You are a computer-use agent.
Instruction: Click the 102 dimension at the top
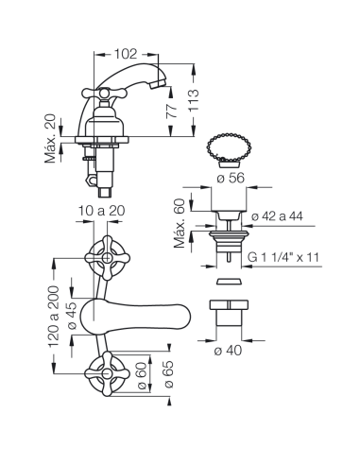pyautogui.click(x=126, y=54)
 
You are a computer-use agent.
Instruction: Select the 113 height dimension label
pyautogui.click(x=194, y=100)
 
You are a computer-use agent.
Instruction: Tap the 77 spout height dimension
pyautogui.click(x=172, y=111)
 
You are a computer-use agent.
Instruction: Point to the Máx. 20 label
pyautogui.click(x=50, y=138)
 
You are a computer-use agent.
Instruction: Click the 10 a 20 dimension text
pyautogui.click(x=101, y=211)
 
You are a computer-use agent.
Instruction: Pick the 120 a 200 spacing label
pyautogui.click(x=53, y=317)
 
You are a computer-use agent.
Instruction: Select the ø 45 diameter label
pyautogui.click(x=72, y=316)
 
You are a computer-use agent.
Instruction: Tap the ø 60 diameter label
pyautogui.click(x=142, y=375)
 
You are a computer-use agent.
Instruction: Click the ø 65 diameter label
pyautogui.click(x=168, y=374)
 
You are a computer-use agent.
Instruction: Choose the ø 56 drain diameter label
pyautogui.click(x=231, y=178)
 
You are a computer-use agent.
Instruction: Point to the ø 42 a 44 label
pyautogui.click(x=277, y=216)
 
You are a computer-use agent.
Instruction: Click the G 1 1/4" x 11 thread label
pyautogui.click(x=283, y=257)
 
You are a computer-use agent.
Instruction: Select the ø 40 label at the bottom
pyautogui.click(x=228, y=350)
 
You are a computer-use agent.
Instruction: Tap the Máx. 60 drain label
pyautogui.click(x=180, y=223)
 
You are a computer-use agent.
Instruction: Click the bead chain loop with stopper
pyautogui.click(x=229, y=148)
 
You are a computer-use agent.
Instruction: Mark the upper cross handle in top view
pyautogui.click(x=107, y=258)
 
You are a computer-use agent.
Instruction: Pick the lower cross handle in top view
pyautogui.click(x=107, y=373)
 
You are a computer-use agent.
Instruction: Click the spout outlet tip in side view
pyautogui.click(x=158, y=83)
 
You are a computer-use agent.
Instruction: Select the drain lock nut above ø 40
pyautogui.click(x=229, y=313)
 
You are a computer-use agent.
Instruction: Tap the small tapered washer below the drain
pyautogui.click(x=229, y=281)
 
